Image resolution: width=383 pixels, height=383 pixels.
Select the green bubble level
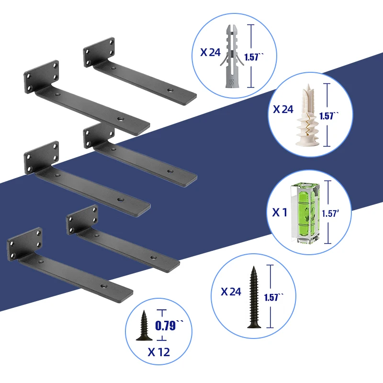point(305,213)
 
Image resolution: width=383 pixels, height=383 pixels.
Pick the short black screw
point(144,326)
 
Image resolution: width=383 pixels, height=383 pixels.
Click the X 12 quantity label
point(159,352)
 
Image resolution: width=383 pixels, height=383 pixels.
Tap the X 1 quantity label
point(280,212)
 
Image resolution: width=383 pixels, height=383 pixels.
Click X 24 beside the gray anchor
point(210,52)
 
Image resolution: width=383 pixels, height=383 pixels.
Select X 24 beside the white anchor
point(283,109)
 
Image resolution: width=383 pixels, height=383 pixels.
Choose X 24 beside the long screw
point(231,292)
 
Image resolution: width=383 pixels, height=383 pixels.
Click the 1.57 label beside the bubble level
point(330,214)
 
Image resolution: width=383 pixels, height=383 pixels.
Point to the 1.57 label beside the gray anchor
point(254,57)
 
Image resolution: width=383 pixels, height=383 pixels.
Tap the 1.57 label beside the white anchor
point(329,115)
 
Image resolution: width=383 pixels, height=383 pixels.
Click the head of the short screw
point(144,338)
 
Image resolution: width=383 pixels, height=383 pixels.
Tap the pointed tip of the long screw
point(254,267)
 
